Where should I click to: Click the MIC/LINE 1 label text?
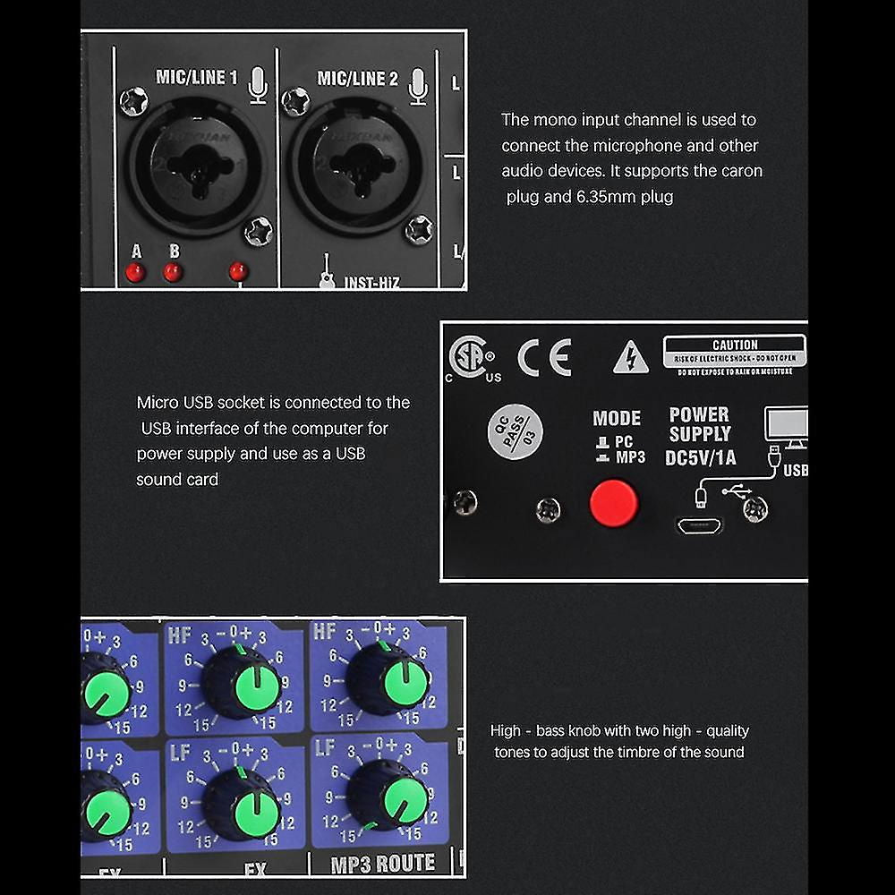coord(197,78)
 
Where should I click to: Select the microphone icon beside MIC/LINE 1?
coord(258,84)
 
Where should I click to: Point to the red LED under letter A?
coord(136,271)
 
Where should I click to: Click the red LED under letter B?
coord(173,271)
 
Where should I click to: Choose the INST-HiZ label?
coord(371,283)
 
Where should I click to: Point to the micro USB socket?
coord(698,524)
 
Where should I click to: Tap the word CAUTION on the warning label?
coord(735,345)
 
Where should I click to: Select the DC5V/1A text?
coord(702,457)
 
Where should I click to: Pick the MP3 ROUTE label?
coord(383,863)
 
